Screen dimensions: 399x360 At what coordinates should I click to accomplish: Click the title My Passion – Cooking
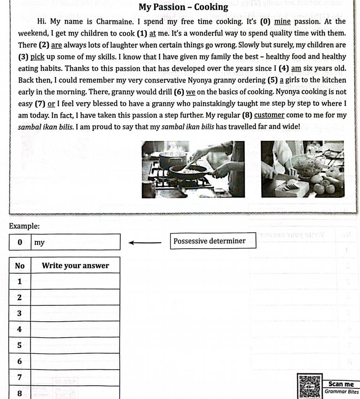[183, 7]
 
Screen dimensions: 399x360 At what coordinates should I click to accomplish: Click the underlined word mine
[283, 21]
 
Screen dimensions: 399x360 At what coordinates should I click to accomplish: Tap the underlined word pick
[37, 57]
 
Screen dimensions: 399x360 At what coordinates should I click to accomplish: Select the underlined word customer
[269, 116]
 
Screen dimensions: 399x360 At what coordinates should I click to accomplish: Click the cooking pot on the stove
[172, 160]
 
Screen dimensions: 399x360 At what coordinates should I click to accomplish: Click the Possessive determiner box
[210, 241]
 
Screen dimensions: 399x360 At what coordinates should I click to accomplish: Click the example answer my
[39, 243]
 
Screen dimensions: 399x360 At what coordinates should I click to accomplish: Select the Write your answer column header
[75, 266]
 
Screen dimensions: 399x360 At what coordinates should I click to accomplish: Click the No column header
[20, 266]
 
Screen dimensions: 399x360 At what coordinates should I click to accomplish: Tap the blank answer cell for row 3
[75, 313]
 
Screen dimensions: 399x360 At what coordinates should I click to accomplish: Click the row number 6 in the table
[19, 361]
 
